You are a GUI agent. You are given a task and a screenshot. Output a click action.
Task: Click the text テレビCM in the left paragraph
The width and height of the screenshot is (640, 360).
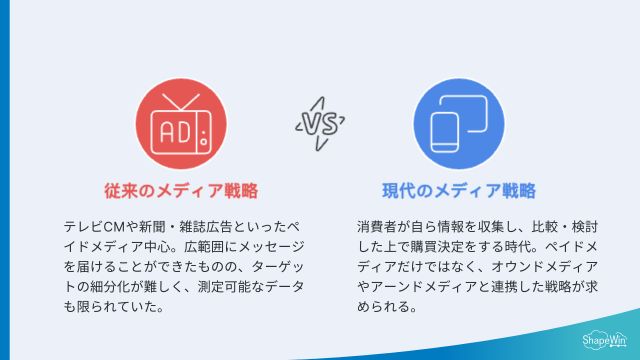[x=90, y=225]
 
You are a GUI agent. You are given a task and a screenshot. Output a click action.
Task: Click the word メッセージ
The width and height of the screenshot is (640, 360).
[x=251, y=245]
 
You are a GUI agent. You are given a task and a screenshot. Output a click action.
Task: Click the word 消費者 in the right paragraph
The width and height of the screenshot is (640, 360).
[x=378, y=225]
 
